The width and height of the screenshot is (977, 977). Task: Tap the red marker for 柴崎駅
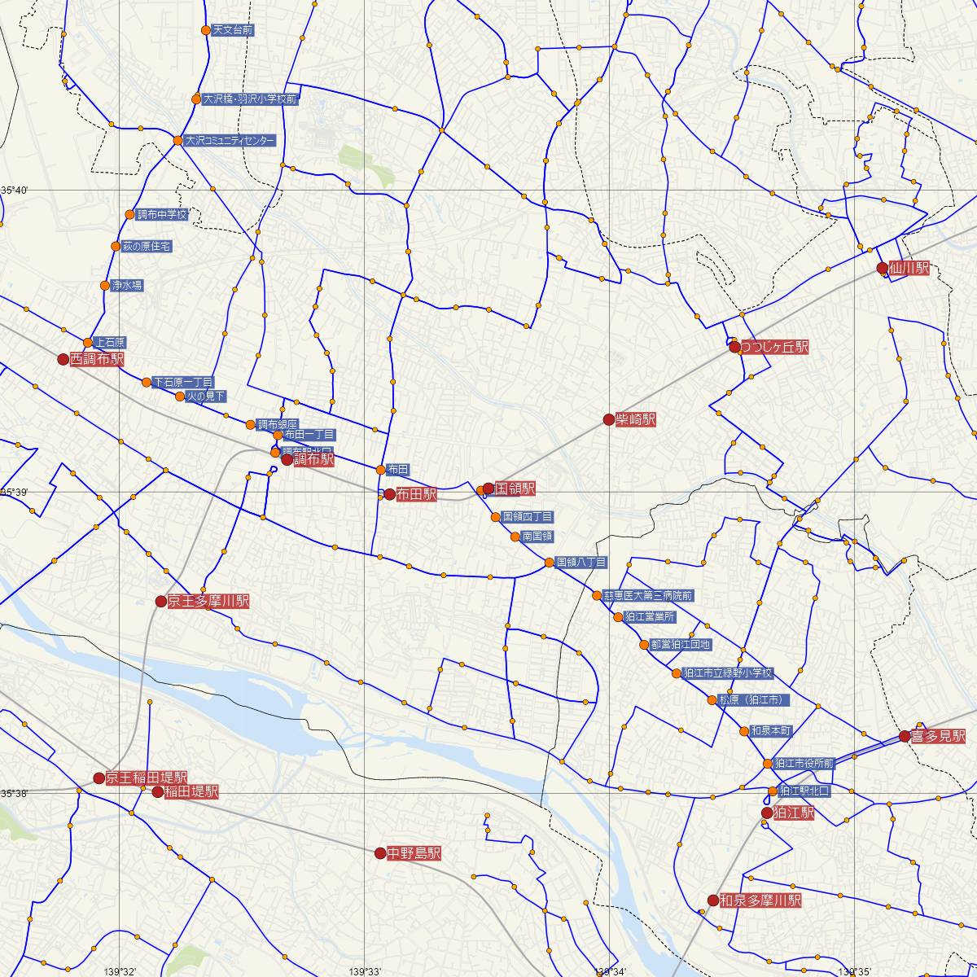tap(608, 419)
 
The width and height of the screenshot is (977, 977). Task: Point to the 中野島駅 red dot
tap(380, 853)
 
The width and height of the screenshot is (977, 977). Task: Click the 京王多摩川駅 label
tap(208, 602)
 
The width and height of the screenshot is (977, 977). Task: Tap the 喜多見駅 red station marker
tap(905, 736)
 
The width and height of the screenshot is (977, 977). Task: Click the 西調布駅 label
tap(97, 359)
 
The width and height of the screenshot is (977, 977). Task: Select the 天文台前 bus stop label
tap(233, 30)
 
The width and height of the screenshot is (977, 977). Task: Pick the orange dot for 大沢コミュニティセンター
tap(177, 141)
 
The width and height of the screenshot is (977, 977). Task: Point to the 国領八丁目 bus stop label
tap(581, 563)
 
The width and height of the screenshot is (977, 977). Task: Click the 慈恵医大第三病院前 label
tap(649, 596)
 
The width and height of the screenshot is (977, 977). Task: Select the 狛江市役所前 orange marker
tap(768, 764)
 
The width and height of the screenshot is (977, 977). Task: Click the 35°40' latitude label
tap(15, 191)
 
